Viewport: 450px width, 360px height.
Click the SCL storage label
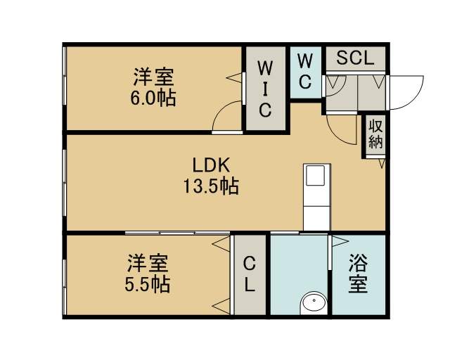(x=355, y=58)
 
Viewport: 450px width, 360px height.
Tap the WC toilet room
(x=305, y=72)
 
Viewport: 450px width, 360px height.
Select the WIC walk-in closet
(x=266, y=89)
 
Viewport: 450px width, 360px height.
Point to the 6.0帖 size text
(x=153, y=98)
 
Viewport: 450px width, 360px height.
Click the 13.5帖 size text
(x=211, y=186)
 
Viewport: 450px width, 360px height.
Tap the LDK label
(x=211, y=165)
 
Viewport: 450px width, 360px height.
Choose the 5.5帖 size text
(x=148, y=284)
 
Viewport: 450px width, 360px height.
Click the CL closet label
(x=250, y=274)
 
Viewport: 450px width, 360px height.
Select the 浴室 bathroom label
(x=358, y=274)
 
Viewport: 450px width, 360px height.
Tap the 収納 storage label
(x=375, y=134)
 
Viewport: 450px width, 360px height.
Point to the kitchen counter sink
(x=316, y=175)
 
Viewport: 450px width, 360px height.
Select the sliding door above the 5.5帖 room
(x=177, y=233)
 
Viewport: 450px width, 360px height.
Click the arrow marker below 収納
(x=382, y=163)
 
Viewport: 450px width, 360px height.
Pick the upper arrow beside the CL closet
(x=221, y=245)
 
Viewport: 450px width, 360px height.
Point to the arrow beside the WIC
(x=234, y=78)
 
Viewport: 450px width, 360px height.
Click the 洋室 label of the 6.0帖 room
(x=153, y=77)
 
